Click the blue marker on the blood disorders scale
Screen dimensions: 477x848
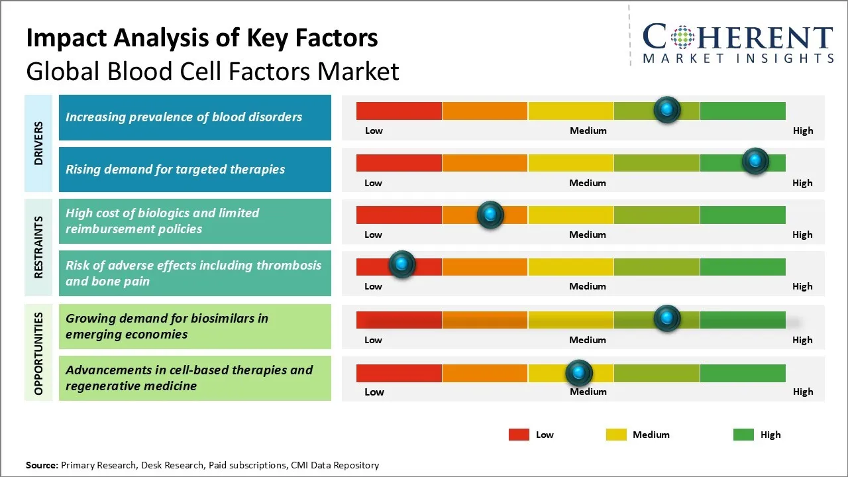[x=667, y=109]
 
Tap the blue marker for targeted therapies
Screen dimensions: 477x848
[x=755, y=161]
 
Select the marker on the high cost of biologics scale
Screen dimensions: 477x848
[x=490, y=214]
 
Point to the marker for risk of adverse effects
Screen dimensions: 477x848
[x=401, y=264]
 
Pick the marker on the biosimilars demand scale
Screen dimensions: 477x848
[x=667, y=318]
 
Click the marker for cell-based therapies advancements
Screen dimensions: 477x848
[x=579, y=373]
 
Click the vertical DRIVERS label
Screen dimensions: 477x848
[x=38, y=143]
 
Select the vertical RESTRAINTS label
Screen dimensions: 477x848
[x=38, y=247]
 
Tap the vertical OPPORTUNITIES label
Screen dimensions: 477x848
[x=38, y=353]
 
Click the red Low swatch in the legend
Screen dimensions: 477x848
[x=519, y=435]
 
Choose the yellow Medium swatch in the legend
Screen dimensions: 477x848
[x=616, y=435]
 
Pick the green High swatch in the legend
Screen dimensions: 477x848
[x=743, y=435]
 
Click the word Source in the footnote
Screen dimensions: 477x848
[x=41, y=465]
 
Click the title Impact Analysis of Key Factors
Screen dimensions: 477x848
[x=202, y=38]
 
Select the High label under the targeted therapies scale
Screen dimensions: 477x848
[x=802, y=183]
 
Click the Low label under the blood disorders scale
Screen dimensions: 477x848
[x=374, y=131]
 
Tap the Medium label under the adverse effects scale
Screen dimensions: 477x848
[x=588, y=286]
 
